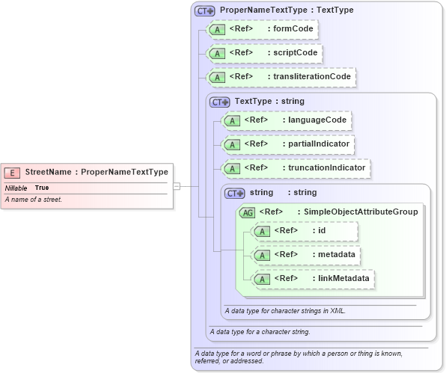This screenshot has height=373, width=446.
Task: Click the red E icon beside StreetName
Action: [13, 172]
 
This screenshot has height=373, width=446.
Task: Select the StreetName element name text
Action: [48, 172]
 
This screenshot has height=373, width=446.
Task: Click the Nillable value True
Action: [42, 188]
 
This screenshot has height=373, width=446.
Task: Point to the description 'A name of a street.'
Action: [33, 200]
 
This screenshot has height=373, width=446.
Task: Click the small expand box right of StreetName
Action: [177, 185]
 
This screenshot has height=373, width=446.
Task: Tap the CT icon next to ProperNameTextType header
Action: [204, 11]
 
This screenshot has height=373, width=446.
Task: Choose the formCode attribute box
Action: [262, 30]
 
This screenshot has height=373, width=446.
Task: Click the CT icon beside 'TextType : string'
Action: [220, 102]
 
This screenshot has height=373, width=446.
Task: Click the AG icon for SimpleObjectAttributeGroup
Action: [248, 212]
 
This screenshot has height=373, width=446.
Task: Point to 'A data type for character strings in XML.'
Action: [285, 309]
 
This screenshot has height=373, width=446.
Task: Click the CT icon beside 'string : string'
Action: [235, 193]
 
